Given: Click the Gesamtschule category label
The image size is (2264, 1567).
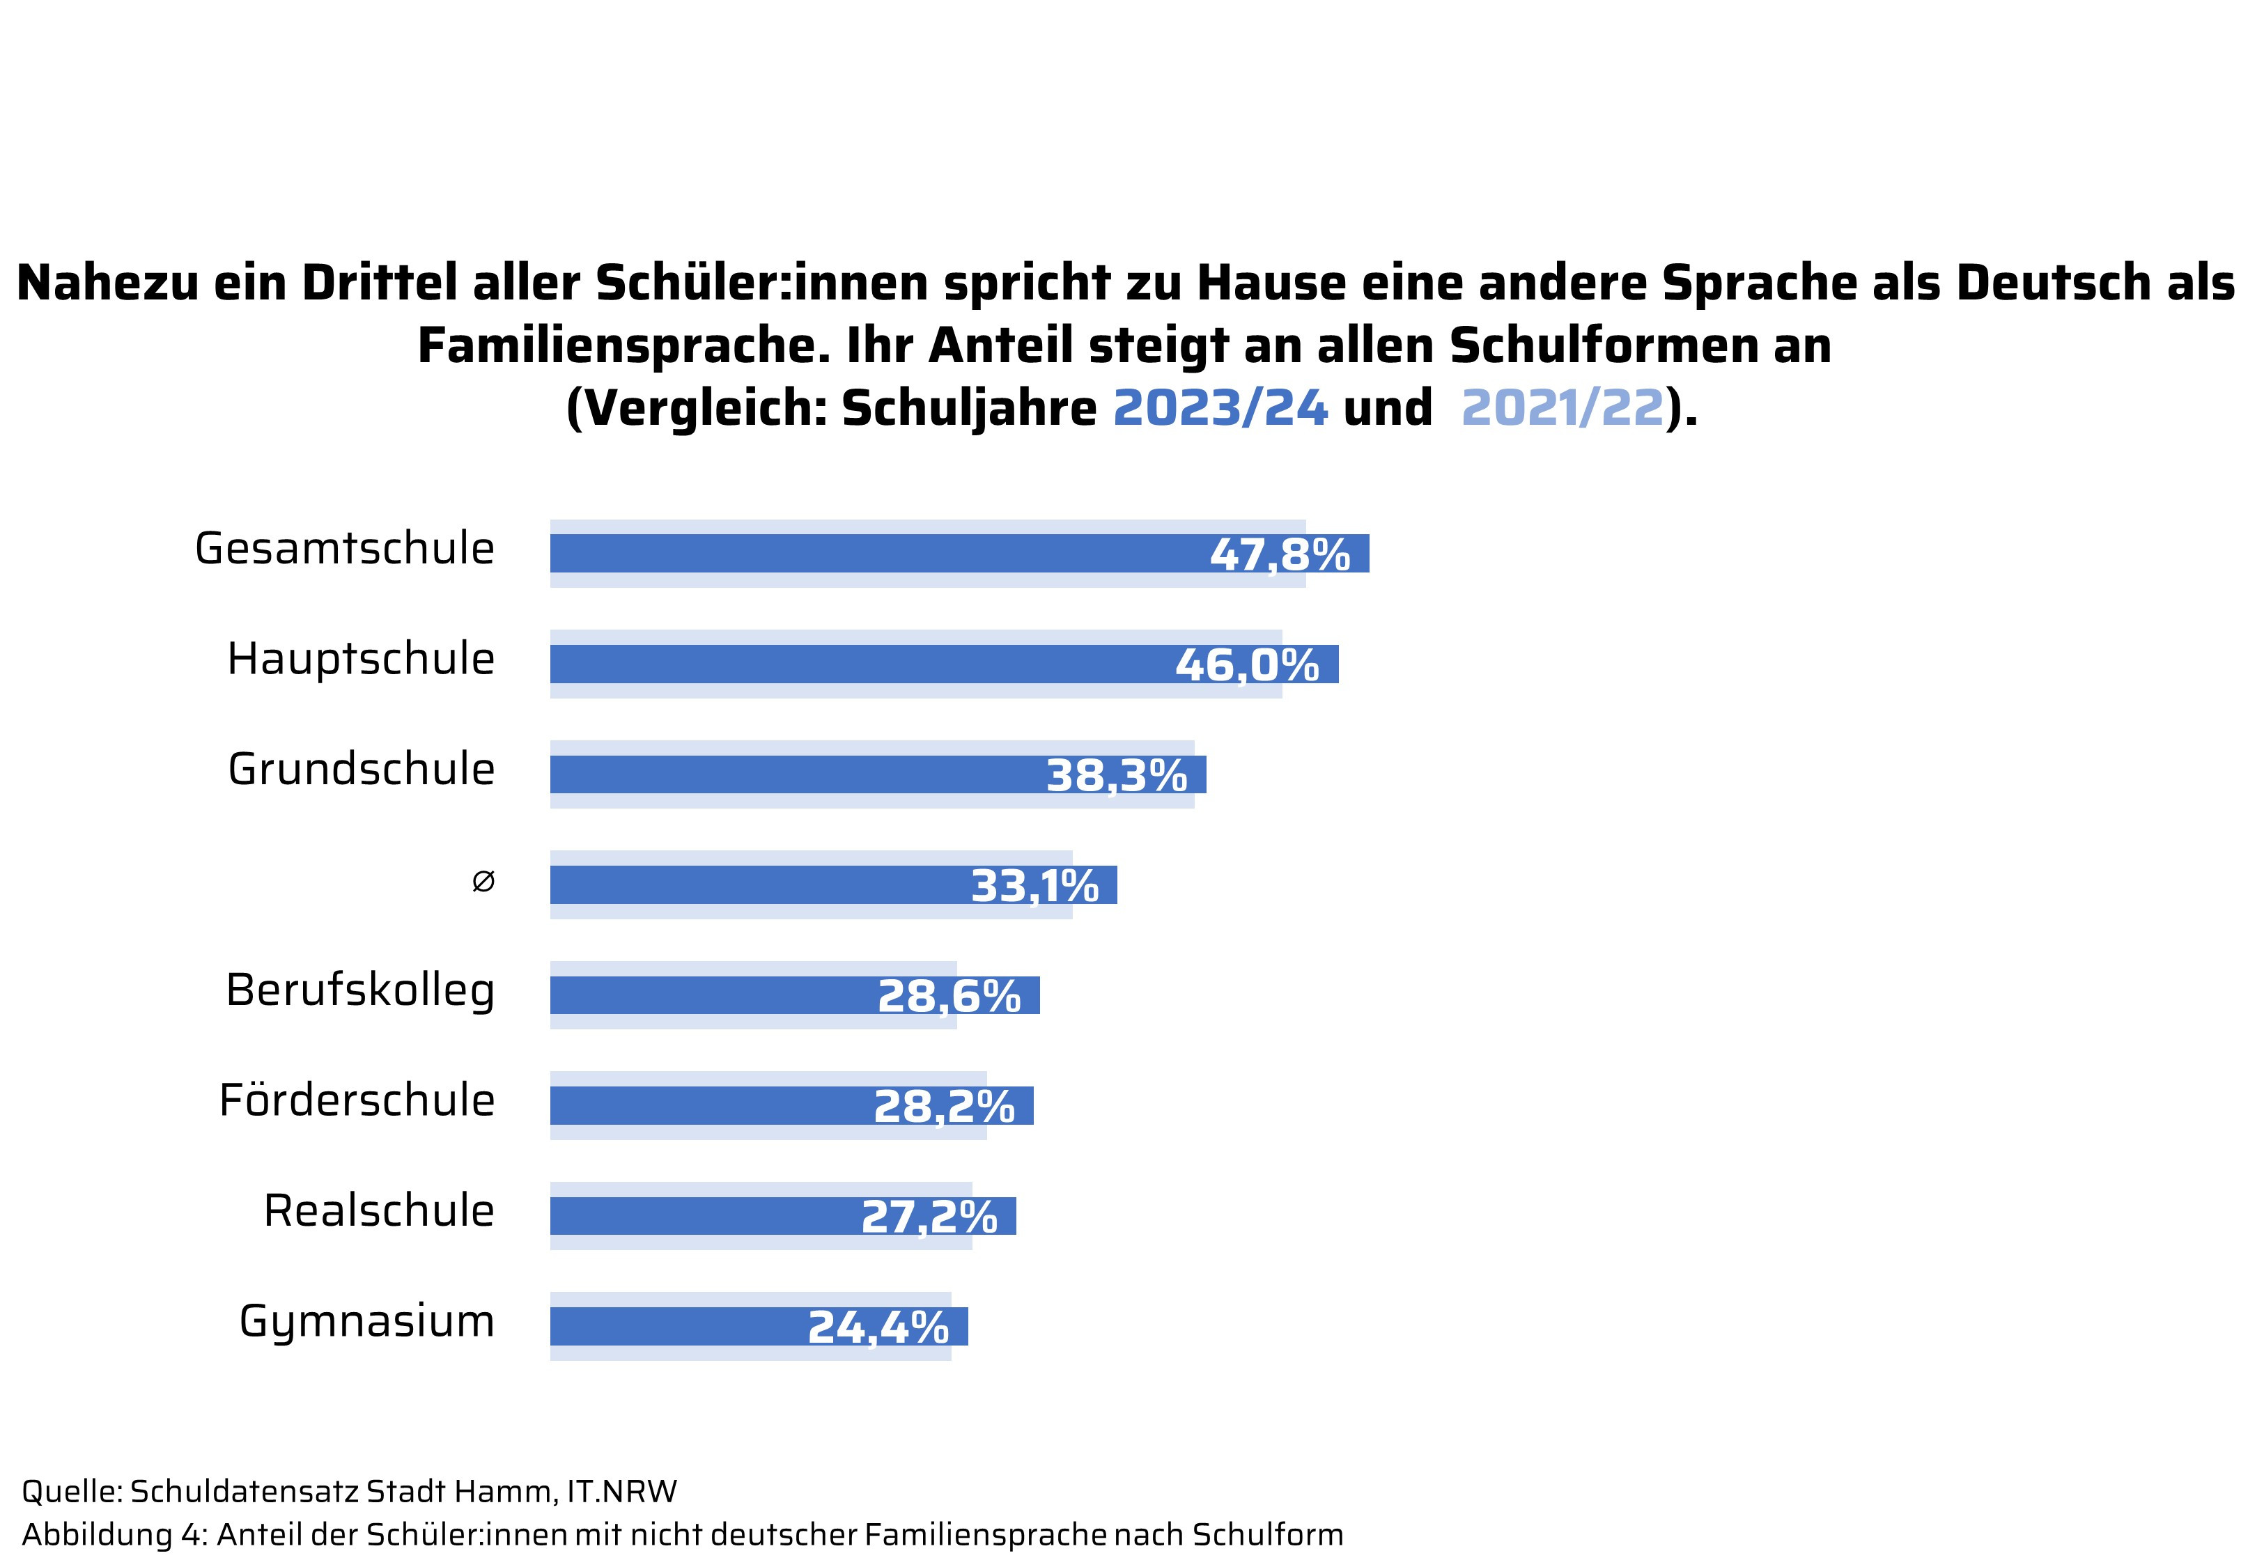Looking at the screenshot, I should (345, 549).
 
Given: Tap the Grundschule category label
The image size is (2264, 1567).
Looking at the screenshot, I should (362, 770).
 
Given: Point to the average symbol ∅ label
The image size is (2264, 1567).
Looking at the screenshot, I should (483, 882).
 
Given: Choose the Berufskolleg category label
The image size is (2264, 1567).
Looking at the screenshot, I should (360, 990).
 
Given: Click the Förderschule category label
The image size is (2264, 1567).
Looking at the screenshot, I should (357, 1100).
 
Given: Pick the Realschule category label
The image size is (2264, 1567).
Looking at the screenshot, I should (379, 1210).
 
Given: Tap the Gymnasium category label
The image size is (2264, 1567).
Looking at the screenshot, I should (366, 1323).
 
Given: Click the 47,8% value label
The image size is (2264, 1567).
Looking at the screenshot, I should (1279, 556).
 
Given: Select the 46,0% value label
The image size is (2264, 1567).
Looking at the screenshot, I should (1247, 666).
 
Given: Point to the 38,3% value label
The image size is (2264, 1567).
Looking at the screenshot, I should (1116, 777).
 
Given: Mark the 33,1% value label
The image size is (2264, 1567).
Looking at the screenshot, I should (1034, 887).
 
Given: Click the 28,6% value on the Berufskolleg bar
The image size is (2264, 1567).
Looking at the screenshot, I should (948, 997).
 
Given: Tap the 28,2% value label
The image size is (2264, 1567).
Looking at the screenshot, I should (943, 1107).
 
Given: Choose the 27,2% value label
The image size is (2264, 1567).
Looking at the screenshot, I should (929, 1217).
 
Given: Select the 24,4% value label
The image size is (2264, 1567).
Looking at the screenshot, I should (878, 1328).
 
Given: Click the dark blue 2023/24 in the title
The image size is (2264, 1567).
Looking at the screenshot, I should (1220, 407).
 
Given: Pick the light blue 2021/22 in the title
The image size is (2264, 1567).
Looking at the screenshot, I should (1563, 407).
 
